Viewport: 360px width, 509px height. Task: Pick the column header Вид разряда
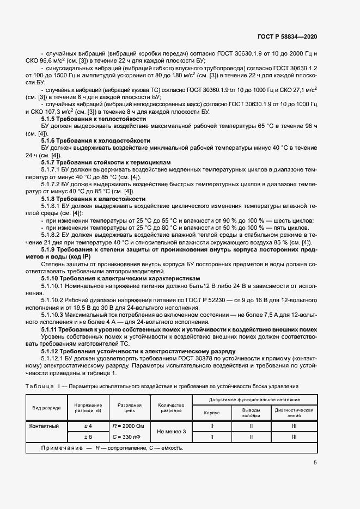(46, 408)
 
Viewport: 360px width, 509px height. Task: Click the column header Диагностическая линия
(294, 412)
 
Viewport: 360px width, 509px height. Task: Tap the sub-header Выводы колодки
(251, 412)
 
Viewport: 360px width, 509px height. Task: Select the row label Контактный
(44, 426)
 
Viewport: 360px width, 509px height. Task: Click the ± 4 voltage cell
(88, 426)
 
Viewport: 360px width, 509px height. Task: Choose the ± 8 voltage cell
(88, 437)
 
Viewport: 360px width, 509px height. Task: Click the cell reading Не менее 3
(171, 431)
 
